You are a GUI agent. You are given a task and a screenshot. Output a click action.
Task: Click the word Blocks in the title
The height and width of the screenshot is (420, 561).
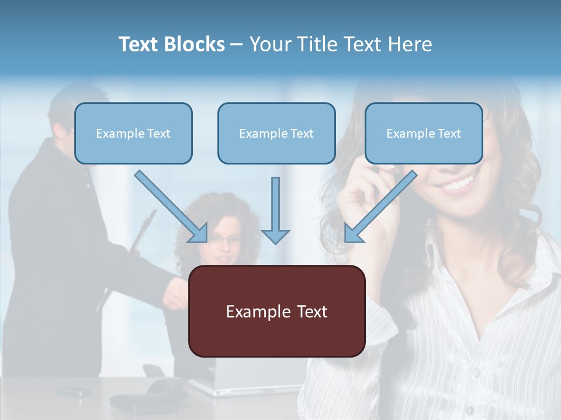pyautogui.click(x=195, y=44)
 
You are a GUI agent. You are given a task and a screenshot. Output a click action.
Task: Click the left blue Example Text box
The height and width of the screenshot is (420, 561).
pyautogui.click(x=133, y=133)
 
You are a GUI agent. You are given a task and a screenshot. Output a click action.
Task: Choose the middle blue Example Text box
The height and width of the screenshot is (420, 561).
pyautogui.click(x=276, y=133)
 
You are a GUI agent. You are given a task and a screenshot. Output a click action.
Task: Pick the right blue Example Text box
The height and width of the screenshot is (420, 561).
pyautogui.click(x=424, y=133)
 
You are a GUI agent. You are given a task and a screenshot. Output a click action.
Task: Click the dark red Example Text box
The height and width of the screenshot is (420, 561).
pyautogui.click(x=276, y=311)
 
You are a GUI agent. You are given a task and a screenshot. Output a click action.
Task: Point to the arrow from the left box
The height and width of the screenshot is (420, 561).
pyautogui.click(x=171, y=206)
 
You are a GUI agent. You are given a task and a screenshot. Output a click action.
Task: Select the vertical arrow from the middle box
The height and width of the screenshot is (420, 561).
pyautogui.click(x=275, y=210)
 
